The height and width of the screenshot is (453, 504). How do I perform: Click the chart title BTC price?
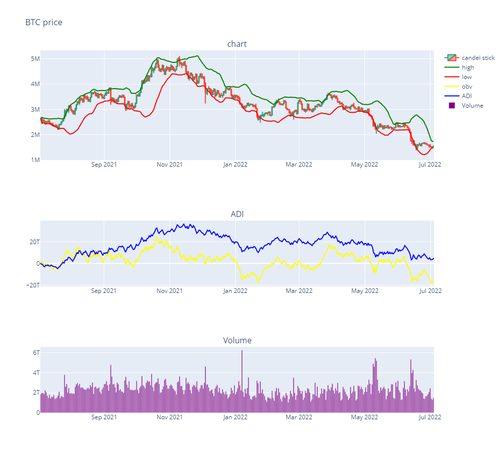coord(44,22)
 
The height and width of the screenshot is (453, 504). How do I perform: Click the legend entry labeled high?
coord(468,67)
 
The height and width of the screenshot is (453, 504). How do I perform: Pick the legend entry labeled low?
coord(467,77)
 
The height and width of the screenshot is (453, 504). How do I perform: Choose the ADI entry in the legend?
coord(467,96)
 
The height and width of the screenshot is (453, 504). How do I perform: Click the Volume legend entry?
coord(472,106)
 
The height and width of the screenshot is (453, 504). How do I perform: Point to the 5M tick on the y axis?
coord(33,59)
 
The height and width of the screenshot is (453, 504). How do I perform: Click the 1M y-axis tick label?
coord(33,160)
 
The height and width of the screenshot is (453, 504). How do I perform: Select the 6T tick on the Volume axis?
coord(33,353)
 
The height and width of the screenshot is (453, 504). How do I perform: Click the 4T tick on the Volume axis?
coord(33,373)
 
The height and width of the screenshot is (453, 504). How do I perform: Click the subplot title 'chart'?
coord(237,44)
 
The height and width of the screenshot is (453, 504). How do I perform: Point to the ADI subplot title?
coord(237,214)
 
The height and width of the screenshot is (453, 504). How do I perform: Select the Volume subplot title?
coord(237,341)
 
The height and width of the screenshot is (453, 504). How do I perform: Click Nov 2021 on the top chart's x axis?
coord(169,165)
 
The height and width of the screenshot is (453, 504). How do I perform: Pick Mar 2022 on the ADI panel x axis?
coord(299,291)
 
